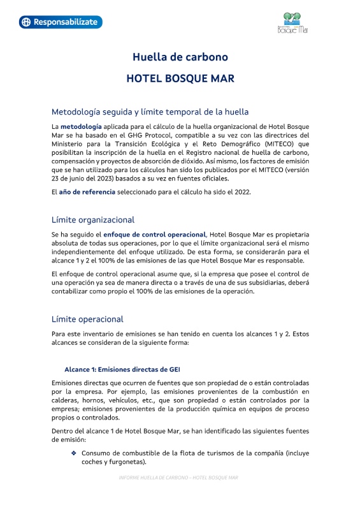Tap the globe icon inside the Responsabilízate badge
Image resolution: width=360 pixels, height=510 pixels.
[x=25, y=22]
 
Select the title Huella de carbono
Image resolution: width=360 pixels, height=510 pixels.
[x=180, y=57]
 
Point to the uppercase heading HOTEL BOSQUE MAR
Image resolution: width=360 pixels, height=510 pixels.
[x=180, y=79]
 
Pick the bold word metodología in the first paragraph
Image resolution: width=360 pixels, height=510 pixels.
[x=81, y=126]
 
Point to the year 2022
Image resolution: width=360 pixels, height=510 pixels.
[x=241, y=192]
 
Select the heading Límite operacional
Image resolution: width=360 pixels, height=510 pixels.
[x=87, y=319]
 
